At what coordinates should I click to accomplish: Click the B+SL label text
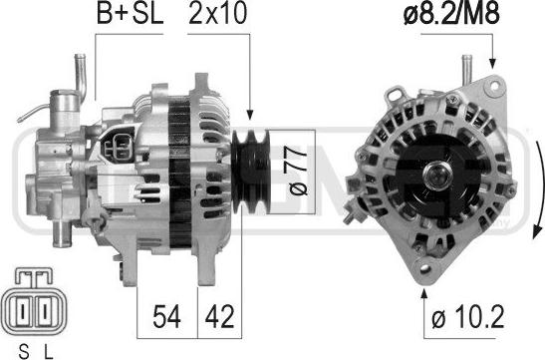coord(130,13)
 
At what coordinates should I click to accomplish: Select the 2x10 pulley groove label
coord(218,13)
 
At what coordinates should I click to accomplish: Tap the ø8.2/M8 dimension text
coord(451,13)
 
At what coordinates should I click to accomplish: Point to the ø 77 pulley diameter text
coord(298,171)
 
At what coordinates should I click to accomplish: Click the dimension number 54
coord(166,316)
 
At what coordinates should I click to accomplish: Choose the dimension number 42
coord(219,316)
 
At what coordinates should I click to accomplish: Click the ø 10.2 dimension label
coord(467,316)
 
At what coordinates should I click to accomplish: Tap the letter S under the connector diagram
coord(24,352)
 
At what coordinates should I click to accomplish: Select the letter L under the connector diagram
coord(48,352)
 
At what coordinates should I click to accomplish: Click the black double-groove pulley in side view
coord(251,172)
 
